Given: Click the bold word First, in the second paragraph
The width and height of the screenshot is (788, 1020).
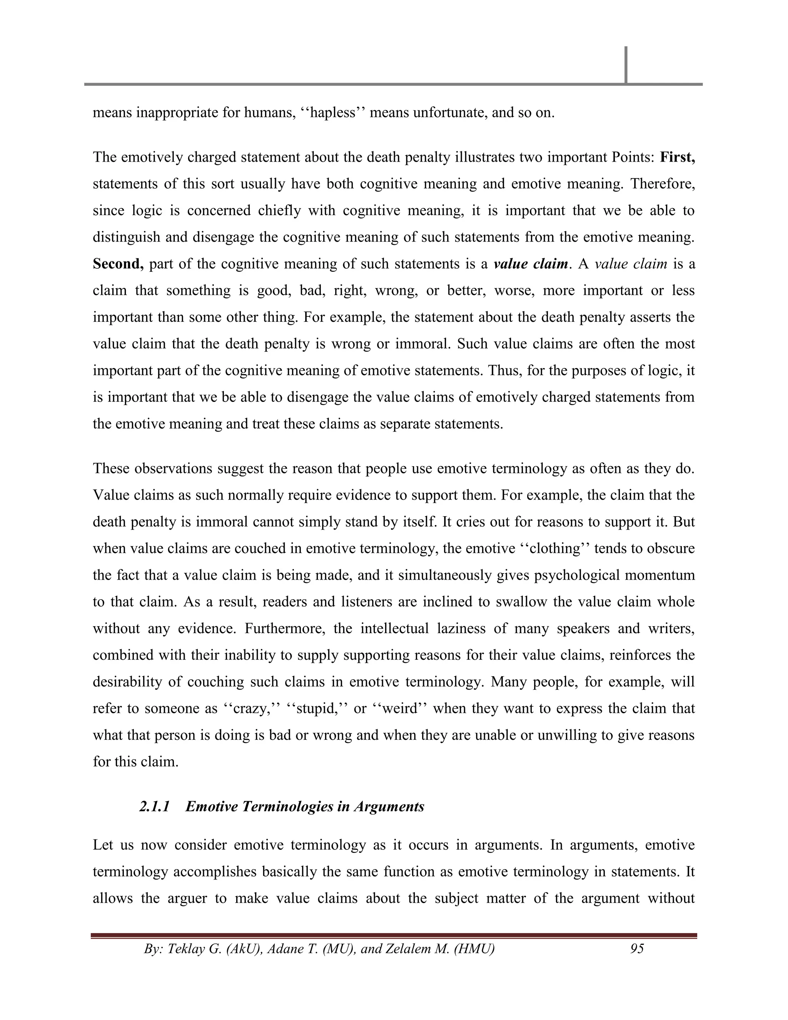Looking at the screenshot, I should coord(677,157).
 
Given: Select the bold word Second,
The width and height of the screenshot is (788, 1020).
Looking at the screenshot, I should coord(118,264).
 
